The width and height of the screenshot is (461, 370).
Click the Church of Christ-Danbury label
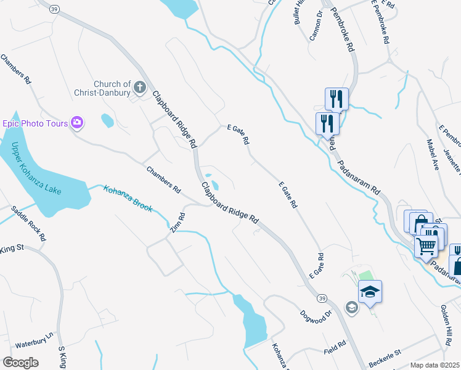(112, 88)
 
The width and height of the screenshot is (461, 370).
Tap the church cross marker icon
(140, 88)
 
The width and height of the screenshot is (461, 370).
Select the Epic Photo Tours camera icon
(77, 122)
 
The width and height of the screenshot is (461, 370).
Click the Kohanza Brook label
(128, 199)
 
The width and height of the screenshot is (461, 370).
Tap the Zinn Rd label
(178, 223)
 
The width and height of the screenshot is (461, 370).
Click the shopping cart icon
(426, 247)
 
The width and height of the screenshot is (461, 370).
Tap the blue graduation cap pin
(370, 291)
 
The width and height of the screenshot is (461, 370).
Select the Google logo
(20, 363)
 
